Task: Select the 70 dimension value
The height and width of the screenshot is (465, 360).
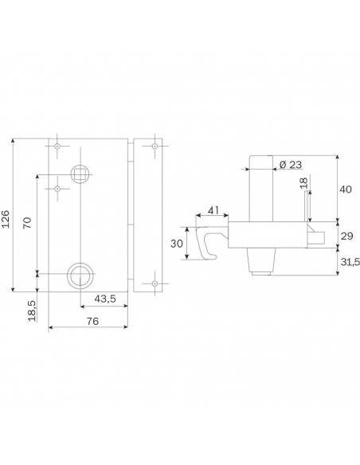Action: click(x=28, y=222)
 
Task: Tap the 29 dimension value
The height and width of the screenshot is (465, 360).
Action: click(x=346, y=236)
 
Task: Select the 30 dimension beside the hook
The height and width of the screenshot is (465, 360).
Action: click(x=177, y=243)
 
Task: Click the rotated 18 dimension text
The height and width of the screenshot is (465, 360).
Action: click(x=303, y=184)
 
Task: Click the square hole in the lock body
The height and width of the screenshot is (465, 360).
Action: click(x=80, y=173)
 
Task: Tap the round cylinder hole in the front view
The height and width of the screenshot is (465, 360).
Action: click(x=80, y=275)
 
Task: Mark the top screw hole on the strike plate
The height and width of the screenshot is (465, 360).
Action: click(x=150, y=147)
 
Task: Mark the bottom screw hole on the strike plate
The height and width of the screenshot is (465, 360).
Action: click(x=150, y=283)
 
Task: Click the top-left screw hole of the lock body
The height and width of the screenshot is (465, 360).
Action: click(x=58, y=147)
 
